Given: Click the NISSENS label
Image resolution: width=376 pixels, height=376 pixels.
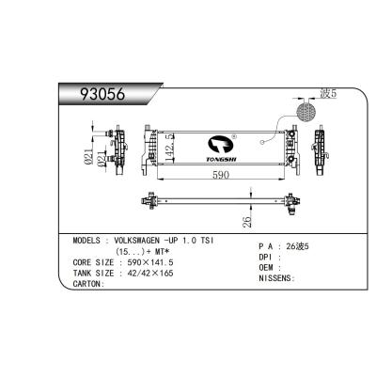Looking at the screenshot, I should (x=278, y=278).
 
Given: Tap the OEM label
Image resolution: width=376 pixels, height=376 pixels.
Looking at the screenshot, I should (x=267, y=267).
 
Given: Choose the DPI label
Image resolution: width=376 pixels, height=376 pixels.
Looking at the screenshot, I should (x=267, y=256).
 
